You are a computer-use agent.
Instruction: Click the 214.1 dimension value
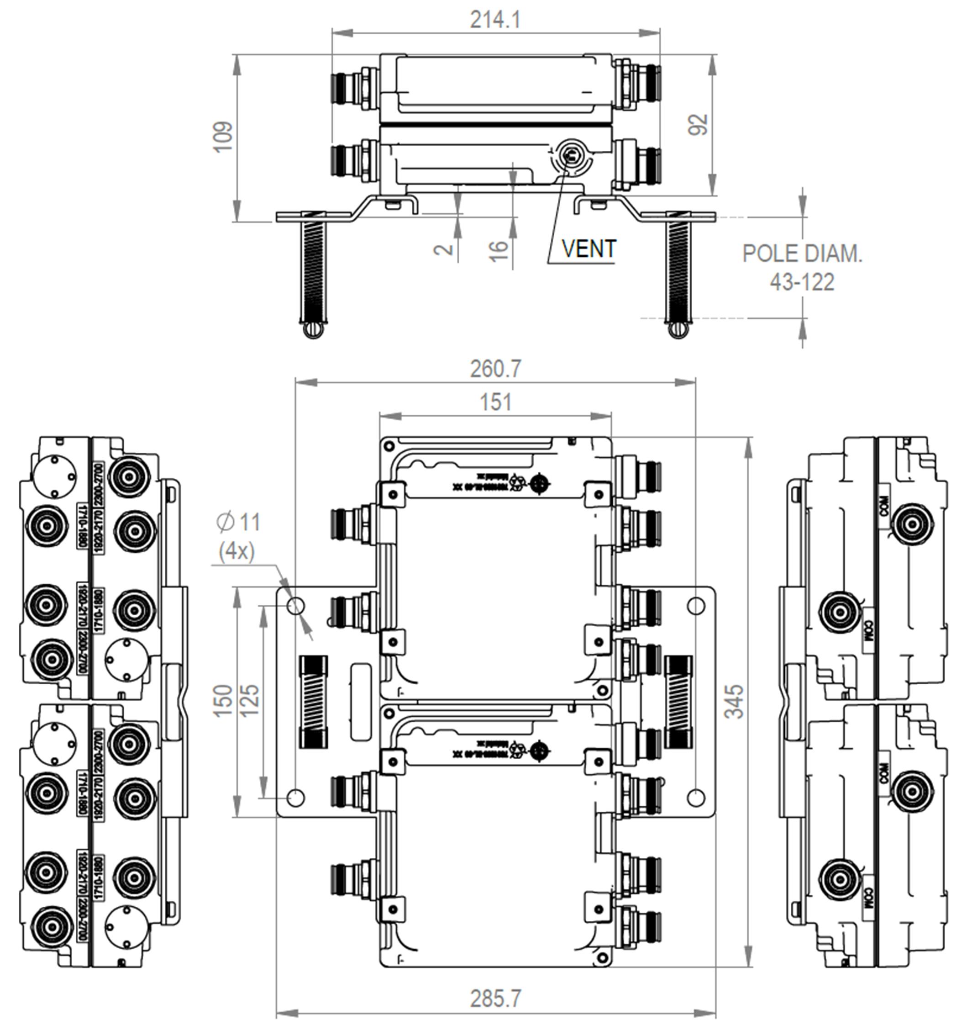tap(495, 20)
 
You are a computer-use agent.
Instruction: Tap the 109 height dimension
tap(223, 137)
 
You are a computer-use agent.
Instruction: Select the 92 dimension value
tap(698, 125)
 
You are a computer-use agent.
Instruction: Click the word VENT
tap(589, 249)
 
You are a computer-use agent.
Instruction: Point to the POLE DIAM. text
tap(802, 254)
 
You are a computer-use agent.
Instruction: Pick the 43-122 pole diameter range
tap(802, 282)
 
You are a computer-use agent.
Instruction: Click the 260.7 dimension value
tap(495, 369)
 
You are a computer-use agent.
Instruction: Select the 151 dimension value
tap(495, 402)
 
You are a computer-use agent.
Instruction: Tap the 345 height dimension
tap(734, 702)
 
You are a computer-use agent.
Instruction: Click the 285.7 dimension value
tap(495, 999)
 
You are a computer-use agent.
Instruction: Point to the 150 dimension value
tap(223, 701)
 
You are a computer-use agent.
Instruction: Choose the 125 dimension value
tap(250, 701)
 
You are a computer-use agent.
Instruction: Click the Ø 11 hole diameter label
tap(238, 522)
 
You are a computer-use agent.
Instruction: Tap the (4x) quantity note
tap(237, 551)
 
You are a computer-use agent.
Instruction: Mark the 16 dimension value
tap(499, 251)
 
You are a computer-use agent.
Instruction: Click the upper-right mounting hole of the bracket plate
tap(696, 606)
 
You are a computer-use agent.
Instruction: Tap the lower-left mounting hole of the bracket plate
tap(296, 797)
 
